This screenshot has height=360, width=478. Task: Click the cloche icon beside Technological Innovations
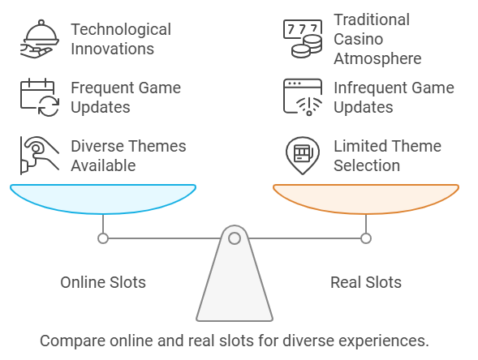[x=40, y=39]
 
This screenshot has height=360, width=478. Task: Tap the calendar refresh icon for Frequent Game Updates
[x=40, y=97]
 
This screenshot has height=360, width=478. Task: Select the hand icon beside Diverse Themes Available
[x=40, y=156]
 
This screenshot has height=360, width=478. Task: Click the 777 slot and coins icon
[x=303, y=39]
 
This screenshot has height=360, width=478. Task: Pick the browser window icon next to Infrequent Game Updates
[x=303, y=97]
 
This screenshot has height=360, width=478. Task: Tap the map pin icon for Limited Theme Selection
[x=303, y=156]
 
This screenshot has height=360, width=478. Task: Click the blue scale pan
[x=103, y=199]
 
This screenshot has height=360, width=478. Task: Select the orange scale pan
[x=366, y=199]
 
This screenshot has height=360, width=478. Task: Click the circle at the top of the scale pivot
[x=235, y=238]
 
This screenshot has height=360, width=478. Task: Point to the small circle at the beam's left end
[x=103, y=238]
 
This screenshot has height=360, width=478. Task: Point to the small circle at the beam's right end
[x=366, y=238]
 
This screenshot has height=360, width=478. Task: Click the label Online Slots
[x=103, y=282]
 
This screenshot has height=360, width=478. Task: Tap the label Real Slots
[x=366, y=282]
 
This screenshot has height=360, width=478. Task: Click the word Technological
[x=121, y=30]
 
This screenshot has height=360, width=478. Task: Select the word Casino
[x=359, y=39]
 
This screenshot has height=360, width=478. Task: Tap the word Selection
[x=367, y=165]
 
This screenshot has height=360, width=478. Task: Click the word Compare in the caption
[x=73, y=341]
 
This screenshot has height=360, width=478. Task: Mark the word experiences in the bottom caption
[x=384, y=341]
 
